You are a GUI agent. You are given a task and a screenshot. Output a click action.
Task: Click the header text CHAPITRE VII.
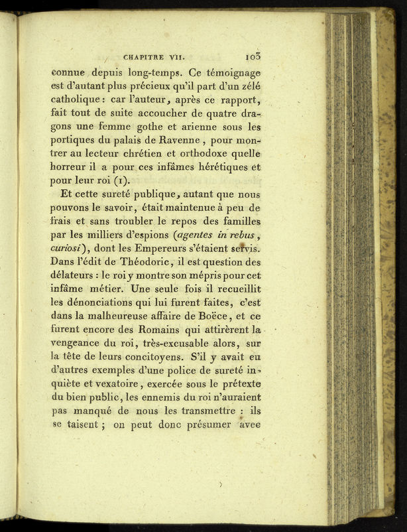[151, 57]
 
